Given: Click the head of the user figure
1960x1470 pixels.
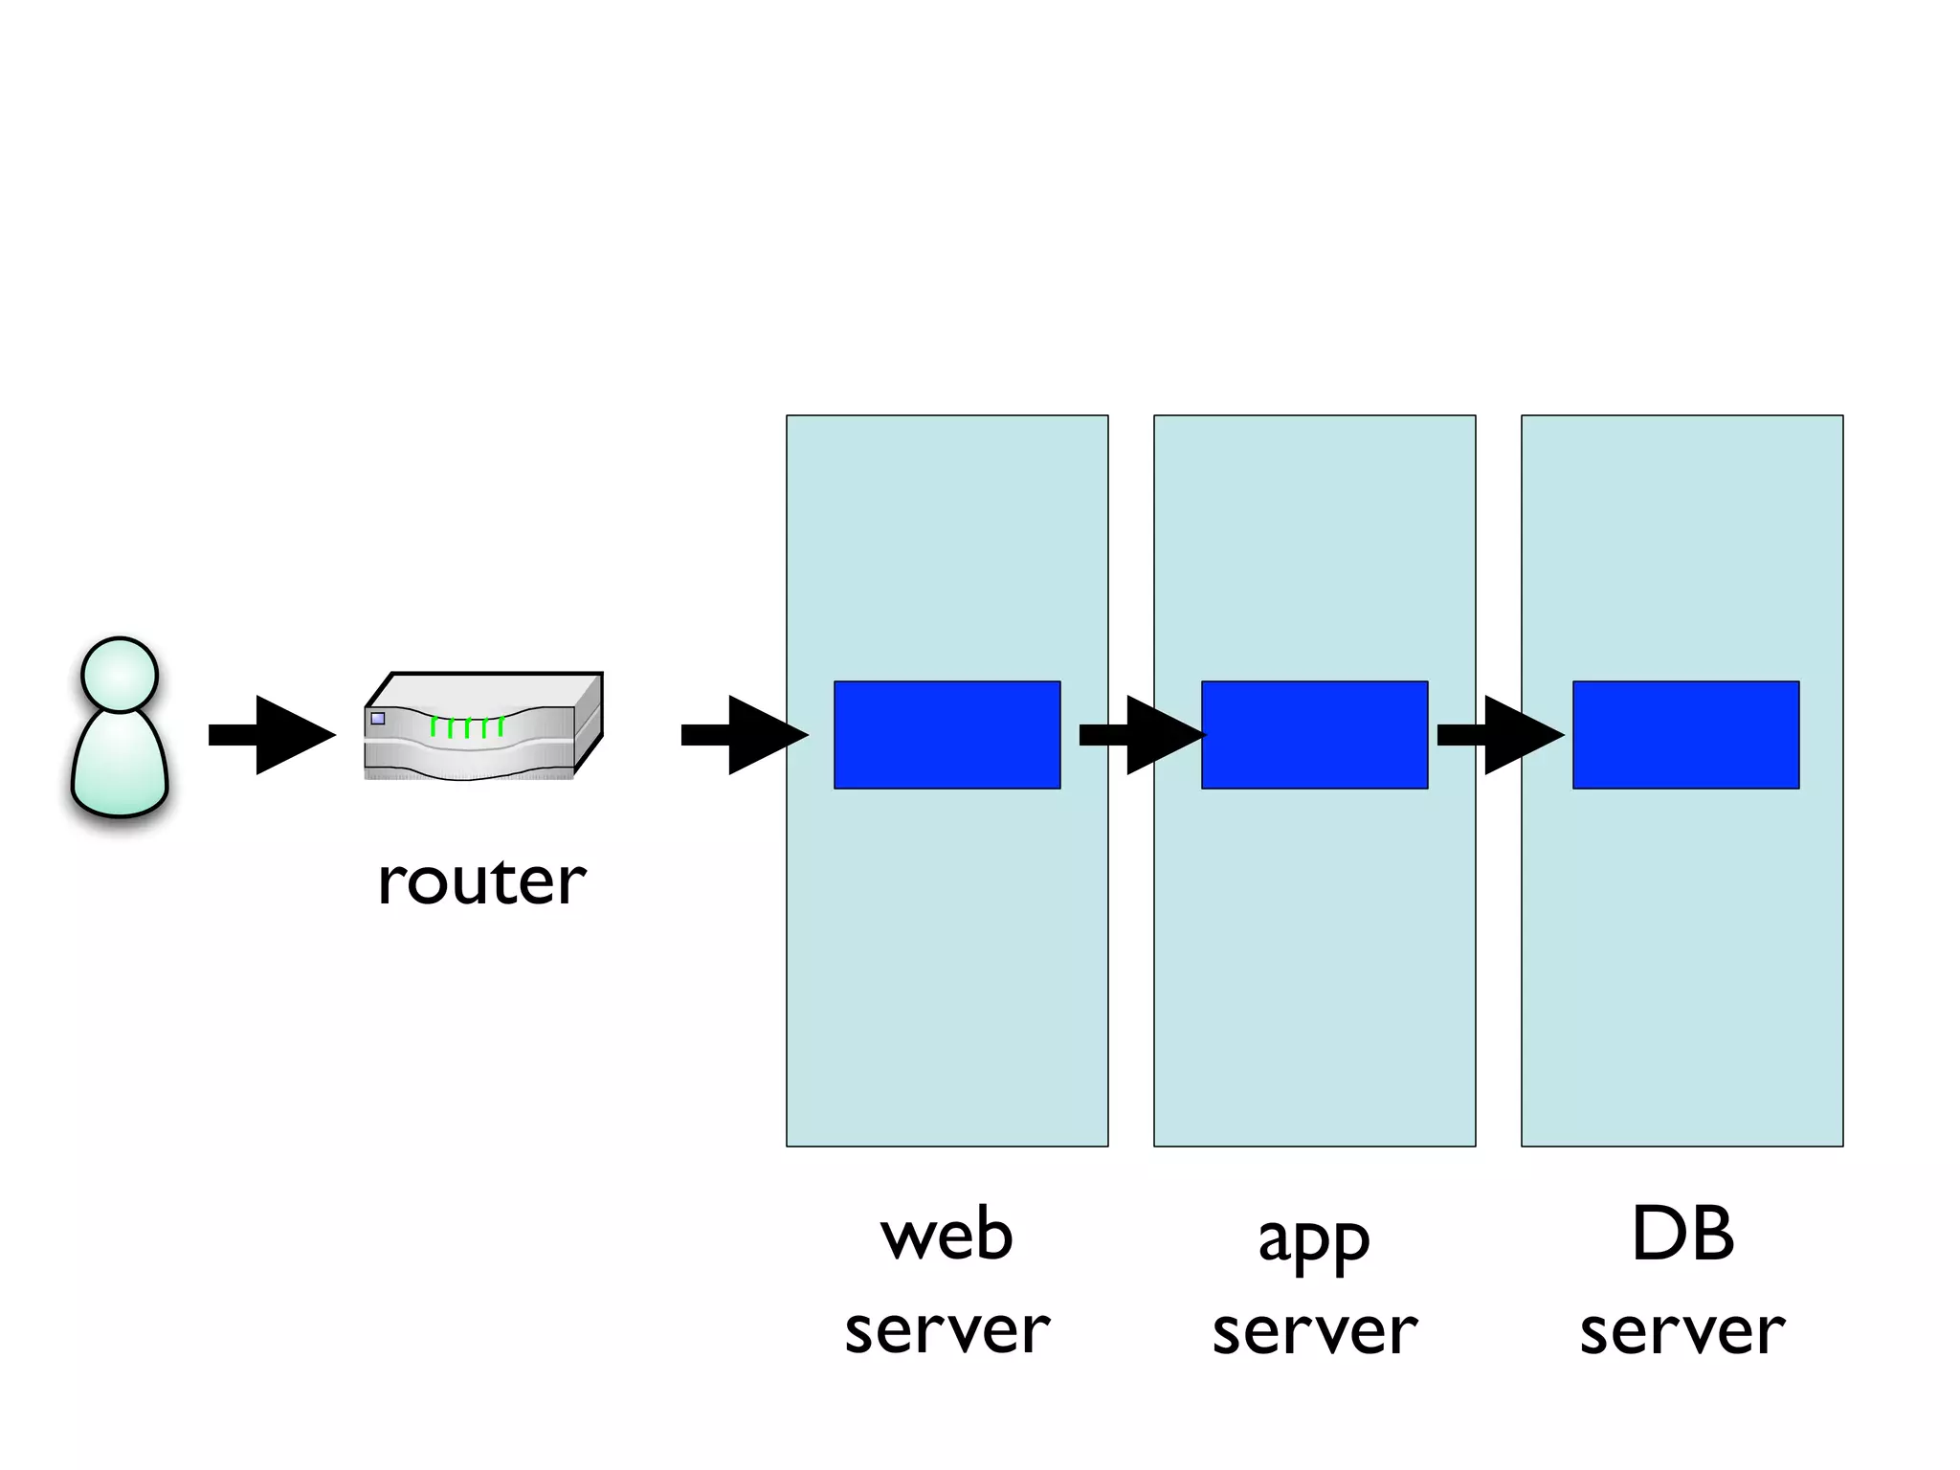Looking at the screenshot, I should tap(120, 674).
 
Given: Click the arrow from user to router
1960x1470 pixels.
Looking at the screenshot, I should tap(272, 735).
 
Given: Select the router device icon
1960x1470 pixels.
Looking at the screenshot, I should tap(483, 727).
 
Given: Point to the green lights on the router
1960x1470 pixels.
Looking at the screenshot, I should tap(466, 727).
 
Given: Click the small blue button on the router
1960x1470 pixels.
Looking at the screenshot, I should tap(378, 718).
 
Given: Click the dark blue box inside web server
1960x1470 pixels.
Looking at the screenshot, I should tap(947, 735).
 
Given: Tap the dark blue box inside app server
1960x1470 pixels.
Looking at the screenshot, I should tap(1314, 735).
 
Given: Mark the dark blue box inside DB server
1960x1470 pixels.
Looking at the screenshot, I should tap(1685, 735).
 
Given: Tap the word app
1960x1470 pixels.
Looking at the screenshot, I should tap(1314, 1242).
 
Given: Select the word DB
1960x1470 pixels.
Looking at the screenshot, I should tap(1682, 1235).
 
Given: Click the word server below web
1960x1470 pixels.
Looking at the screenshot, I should tap(947, 1330).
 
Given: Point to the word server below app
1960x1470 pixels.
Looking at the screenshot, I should tap(1314, 1330).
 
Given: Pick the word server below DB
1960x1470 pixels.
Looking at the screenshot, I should tap(1682, 1330).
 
